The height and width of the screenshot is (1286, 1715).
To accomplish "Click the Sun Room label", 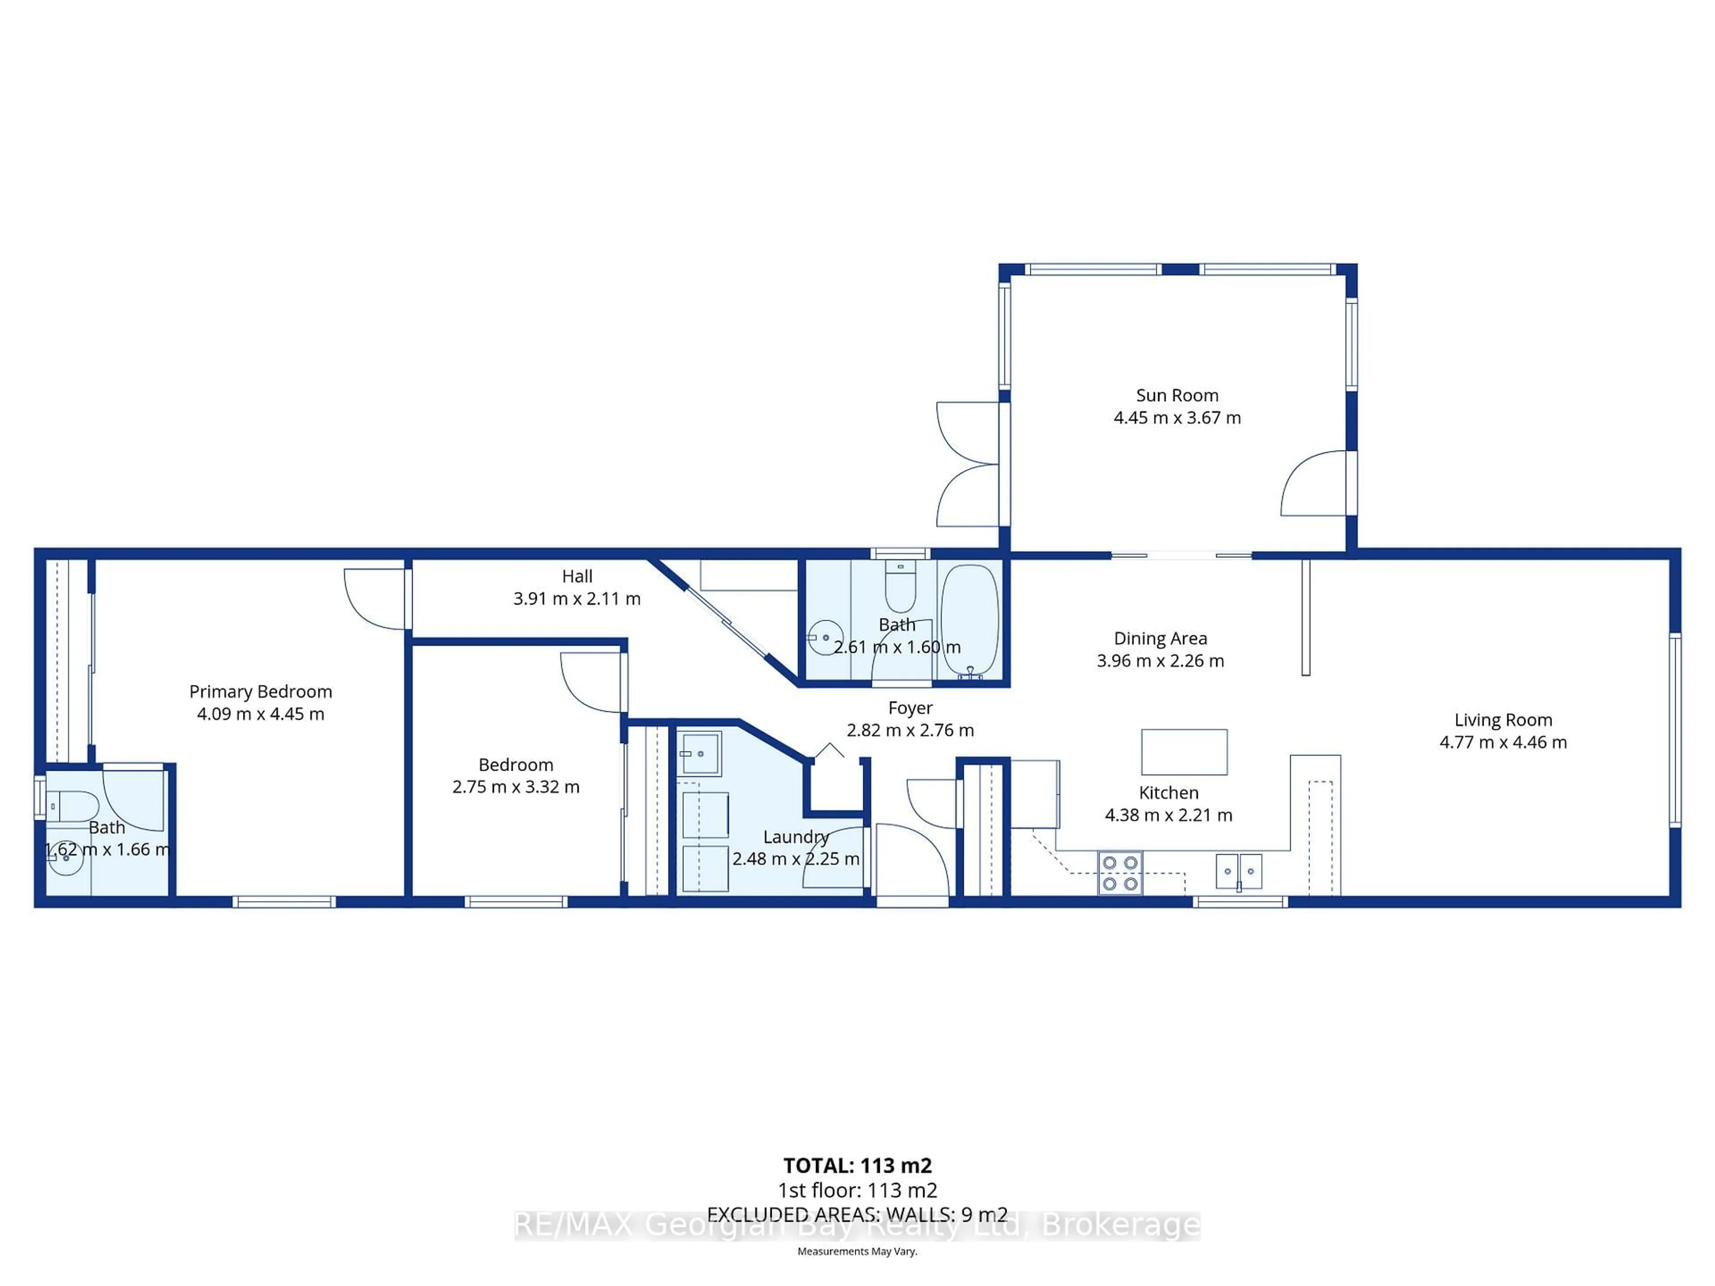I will [x=1177, y=395].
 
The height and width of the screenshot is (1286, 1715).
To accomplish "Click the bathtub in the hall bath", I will [x=969, y=620].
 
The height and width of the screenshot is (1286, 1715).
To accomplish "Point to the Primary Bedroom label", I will [x=260, y=691].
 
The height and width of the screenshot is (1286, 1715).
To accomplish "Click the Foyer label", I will [x=910, y=708].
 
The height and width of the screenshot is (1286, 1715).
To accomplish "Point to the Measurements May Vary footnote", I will [x=857, y=1251].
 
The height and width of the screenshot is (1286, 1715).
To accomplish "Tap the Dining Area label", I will [x=1160, y=639].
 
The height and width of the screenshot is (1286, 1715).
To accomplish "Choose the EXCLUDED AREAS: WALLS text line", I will [x=857, y=1215].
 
